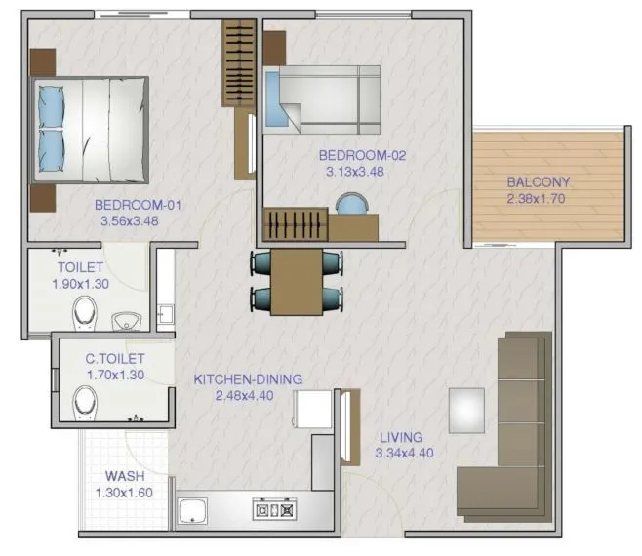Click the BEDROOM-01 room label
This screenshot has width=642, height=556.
click(138, 205)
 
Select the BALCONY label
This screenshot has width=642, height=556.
click(538, 182)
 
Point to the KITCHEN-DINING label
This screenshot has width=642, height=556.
click(248, 379)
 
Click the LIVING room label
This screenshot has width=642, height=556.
click(402, 437)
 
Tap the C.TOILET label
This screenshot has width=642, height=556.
click(114, 359)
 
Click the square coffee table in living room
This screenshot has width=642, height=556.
click(466, 410)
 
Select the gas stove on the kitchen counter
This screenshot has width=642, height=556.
click(273, 509)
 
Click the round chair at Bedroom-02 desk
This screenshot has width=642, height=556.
click(348, 203)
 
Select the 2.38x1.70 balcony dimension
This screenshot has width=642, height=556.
click(538, 199)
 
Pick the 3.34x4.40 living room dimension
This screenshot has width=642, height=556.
click(404, 453)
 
